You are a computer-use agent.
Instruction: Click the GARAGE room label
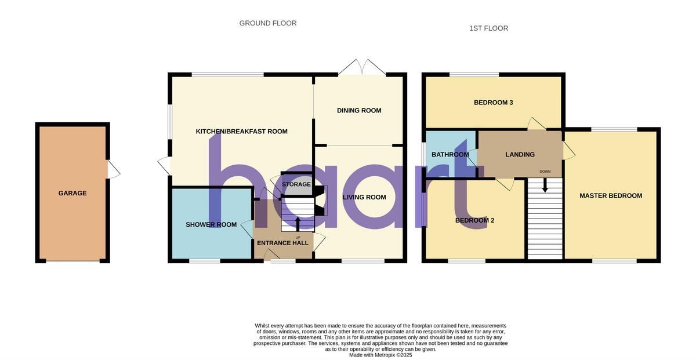72,194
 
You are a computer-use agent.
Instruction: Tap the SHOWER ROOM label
211,225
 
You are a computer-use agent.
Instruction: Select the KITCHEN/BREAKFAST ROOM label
241,132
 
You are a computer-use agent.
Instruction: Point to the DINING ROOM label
359,111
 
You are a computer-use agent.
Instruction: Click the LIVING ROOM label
364,198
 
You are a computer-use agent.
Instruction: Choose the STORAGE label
296,185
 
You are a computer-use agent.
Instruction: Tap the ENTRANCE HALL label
282,243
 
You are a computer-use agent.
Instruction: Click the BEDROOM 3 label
494,103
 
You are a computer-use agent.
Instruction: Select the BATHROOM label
450,155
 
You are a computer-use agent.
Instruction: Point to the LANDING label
520,155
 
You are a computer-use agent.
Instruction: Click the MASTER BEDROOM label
611,196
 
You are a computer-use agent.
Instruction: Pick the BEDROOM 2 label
474,221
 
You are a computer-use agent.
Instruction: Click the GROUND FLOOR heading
268,24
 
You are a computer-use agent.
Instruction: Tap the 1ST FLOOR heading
488,28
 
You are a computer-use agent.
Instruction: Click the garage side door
113,169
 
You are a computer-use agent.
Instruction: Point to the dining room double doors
362,67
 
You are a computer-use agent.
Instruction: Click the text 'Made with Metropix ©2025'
380,355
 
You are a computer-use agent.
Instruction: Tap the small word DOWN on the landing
545,172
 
